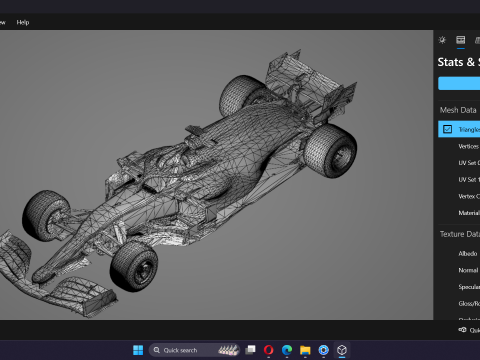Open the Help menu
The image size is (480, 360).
(23, 21)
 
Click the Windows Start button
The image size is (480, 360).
(138, 350)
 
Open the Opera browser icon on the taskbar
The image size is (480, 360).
(268, 350)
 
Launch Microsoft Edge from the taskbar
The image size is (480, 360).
(286, 350)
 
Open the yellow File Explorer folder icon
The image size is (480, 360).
(305, 350)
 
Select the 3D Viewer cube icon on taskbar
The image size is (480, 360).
(341, 350)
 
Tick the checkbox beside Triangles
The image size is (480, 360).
(447, 129)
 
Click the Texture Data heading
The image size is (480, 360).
(459, 234)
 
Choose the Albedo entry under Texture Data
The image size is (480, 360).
(467, 254)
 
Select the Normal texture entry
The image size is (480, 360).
(468, 270)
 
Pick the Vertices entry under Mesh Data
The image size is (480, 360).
(468, 146)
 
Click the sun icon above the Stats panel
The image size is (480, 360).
(443, 40)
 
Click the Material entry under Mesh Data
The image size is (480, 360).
(468, 212)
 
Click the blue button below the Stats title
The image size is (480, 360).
(459, 84)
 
